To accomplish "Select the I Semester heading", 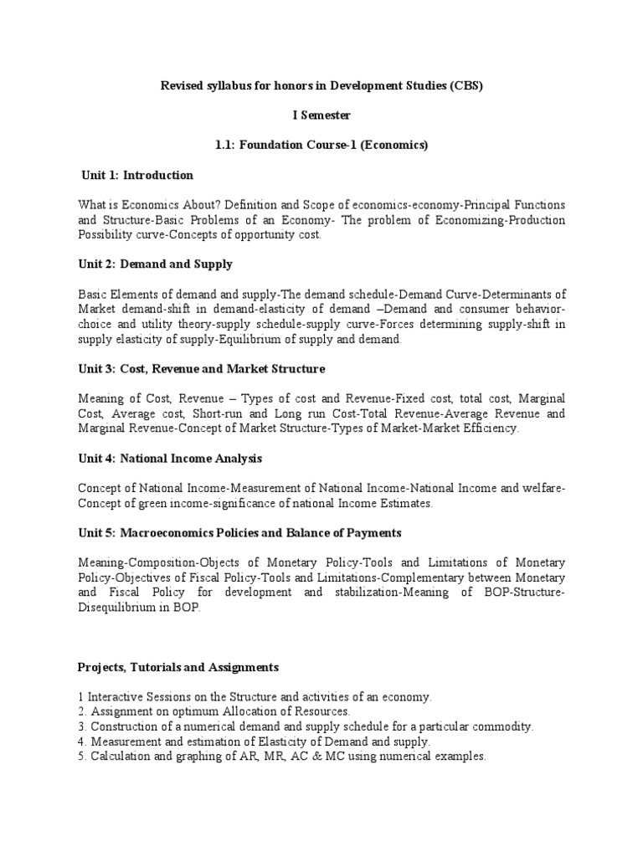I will [321, 115].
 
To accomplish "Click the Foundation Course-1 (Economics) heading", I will [321, 145].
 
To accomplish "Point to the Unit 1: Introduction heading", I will [137, 175].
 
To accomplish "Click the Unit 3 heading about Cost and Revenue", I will [203, 368].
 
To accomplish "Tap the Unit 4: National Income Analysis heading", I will [172, 459].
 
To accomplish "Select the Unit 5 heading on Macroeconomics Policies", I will [229, 533].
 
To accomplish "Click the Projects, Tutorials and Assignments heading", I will [178, 667].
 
